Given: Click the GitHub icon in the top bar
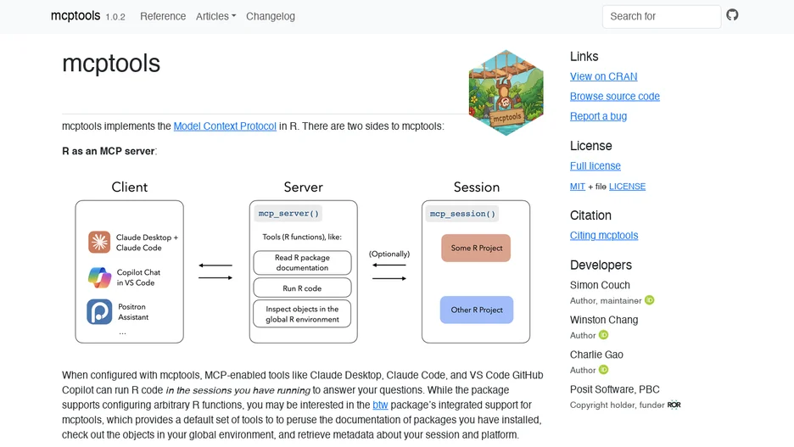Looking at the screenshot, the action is [732, 15].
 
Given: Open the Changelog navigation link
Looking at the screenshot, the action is [271, 16].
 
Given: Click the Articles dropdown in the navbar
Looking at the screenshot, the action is [215, 16].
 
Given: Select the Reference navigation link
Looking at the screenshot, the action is [163, 16].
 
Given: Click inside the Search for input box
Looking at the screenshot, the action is [662, 17].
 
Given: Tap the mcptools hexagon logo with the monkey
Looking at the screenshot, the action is [506, 92].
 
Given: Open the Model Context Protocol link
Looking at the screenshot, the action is [225, 126].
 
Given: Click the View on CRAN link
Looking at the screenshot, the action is [604, 76].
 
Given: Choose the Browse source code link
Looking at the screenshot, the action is [615, 96].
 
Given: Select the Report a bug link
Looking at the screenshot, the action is [599, 116].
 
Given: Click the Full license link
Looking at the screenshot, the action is [595, 165].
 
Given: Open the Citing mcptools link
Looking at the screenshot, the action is [604, 236].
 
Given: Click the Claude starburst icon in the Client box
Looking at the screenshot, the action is [99, 242].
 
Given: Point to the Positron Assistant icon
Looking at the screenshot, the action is [99, 311].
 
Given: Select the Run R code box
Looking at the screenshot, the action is [302, 288].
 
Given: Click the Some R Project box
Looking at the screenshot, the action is [476, 248].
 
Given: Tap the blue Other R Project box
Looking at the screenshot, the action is [477, 310].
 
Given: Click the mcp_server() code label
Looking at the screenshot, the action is [288, 214].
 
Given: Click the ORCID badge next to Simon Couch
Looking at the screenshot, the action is [650, 300].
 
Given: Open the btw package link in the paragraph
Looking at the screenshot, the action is [380, 405].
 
